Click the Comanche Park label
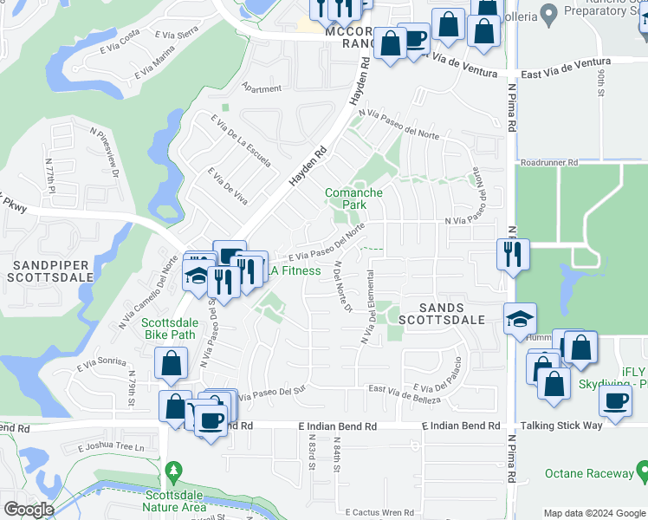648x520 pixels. coord(353,198)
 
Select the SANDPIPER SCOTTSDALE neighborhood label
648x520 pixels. coord(50,270)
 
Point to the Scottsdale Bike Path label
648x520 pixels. coord(170,330)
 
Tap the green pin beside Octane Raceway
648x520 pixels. coord(641,472)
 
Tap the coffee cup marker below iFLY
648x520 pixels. coord(615,402)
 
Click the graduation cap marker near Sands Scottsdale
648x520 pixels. coord(520,319)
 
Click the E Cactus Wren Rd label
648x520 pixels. coord(381,513)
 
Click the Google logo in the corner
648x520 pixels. coord(29,510)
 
